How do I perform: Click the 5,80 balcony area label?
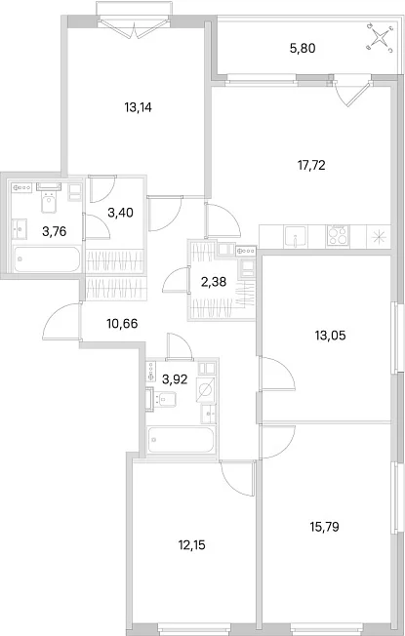click(x=303, y=49)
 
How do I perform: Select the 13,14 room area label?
click(x=138, y=107)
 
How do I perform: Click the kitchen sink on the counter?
click(x=296, y=236)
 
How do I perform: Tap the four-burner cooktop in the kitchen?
click(x=338, y=236)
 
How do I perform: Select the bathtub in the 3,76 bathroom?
click(x=46, y=259)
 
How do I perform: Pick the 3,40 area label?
click(x=121, y=212)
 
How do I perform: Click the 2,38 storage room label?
click(x=214, y=281)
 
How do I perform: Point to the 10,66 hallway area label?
click(x=122, y=324)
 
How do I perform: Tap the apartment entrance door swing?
click(x=61, y=323)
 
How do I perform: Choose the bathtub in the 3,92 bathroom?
click(x=181, y=440)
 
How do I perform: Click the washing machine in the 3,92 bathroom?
click(x=205, y=389)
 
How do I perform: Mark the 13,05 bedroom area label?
click(x=330, y=336)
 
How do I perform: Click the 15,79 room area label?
click(x=324, y=527)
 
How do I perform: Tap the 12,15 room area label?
click(x=191, y=545)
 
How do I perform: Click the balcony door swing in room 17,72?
click(x=352, y=91)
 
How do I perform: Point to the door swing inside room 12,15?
click(x=237, y=479)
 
